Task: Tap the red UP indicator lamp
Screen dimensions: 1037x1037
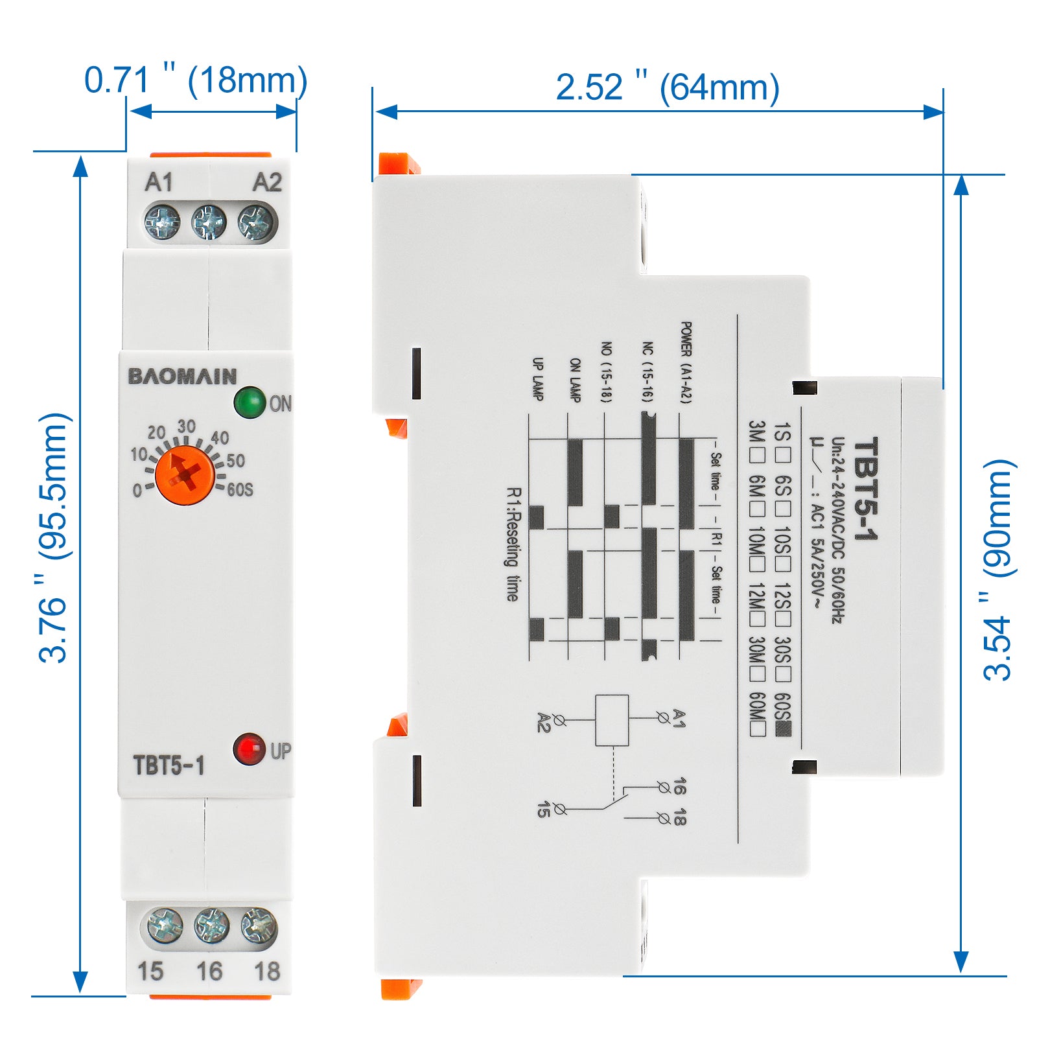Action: pyautogui.click(x=250, y=749)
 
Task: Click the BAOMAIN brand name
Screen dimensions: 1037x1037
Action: pyautogui.click(x=182, y=377)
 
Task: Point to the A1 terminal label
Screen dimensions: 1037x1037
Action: pyautogui.click(x=159, y=183)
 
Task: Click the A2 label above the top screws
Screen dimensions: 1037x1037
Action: pyautogui.click(x=267, y=183)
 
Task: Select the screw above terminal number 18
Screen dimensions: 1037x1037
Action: pyautogui.click(x=259, y=926)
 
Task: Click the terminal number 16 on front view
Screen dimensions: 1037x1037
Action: pyautogui.click(x=209, y=971)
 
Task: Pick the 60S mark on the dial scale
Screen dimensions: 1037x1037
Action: pyautogui.click(x=240, y=490)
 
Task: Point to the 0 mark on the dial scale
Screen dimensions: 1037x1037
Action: pyautogui.click(x=137, y=491)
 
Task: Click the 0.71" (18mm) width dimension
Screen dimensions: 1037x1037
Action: pyautogui.click(x=196, y=81)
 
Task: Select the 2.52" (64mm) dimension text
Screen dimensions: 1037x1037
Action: pyautogui.click(x=668, y=87)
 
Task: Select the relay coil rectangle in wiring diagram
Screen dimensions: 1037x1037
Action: pyautogui.click(x=612, y=720)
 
